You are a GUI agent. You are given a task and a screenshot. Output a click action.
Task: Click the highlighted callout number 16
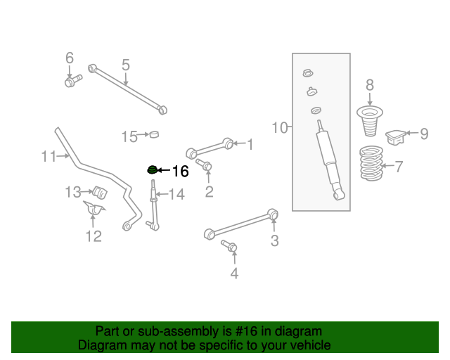180,171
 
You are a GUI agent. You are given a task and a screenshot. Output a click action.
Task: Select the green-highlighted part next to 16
150,169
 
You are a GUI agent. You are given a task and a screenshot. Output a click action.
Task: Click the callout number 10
280,127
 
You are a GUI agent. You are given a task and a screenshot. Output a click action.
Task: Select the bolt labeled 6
71,83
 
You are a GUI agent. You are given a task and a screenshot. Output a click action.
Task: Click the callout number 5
125,65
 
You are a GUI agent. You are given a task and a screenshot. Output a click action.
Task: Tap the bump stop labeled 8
370,120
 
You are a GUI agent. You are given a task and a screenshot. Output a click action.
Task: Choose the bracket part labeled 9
397,136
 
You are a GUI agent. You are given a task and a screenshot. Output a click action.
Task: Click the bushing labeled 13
98,192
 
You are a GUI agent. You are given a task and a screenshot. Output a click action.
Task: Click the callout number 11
48,156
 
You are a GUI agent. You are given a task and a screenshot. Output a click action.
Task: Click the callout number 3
274,241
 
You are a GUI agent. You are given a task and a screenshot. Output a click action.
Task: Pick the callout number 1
249,144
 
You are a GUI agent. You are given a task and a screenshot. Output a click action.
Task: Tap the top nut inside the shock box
307,73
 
